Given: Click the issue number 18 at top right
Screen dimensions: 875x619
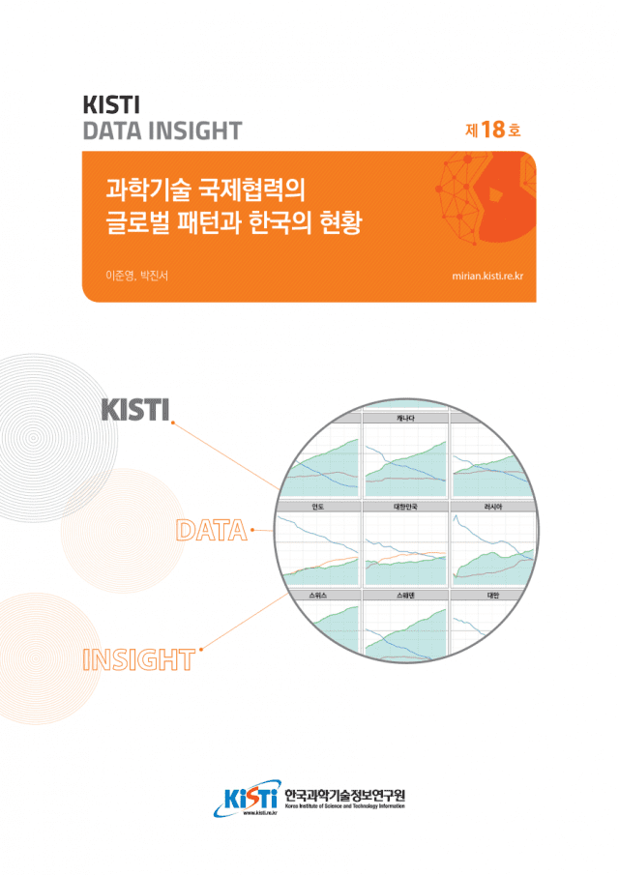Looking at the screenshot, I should [492, 131].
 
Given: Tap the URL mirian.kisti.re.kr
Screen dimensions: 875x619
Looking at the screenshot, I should [493, 276].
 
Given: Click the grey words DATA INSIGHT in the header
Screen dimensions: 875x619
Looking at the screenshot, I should [162, 131].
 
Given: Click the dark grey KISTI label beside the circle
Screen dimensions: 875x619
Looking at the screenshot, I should [135, 410].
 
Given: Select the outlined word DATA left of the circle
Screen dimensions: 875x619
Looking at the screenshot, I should [210, 530].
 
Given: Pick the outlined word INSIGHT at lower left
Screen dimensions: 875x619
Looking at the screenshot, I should [139, 661].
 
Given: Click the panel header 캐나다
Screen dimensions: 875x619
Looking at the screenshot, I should [405, 418].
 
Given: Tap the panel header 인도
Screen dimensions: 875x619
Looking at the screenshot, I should [317, 506].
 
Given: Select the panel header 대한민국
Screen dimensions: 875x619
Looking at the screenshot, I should [405, 506].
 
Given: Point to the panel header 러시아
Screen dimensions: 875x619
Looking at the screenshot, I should [491, 506].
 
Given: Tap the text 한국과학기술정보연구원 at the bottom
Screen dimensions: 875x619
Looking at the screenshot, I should [345, 794].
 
